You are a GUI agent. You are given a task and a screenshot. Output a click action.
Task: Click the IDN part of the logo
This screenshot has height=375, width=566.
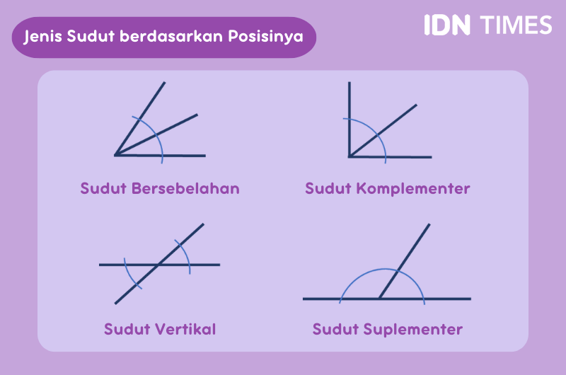446,25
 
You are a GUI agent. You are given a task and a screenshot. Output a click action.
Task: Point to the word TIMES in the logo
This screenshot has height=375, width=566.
516,25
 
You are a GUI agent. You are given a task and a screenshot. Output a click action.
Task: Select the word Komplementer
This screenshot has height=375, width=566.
413,189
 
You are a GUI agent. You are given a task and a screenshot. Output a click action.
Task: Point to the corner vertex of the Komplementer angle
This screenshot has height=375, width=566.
350,156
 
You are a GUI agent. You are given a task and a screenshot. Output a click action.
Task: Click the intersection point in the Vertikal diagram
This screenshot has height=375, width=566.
159,265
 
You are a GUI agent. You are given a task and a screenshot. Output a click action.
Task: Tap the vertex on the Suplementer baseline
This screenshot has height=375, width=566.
380,299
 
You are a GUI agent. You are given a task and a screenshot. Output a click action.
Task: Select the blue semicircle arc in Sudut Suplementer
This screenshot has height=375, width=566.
382,270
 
